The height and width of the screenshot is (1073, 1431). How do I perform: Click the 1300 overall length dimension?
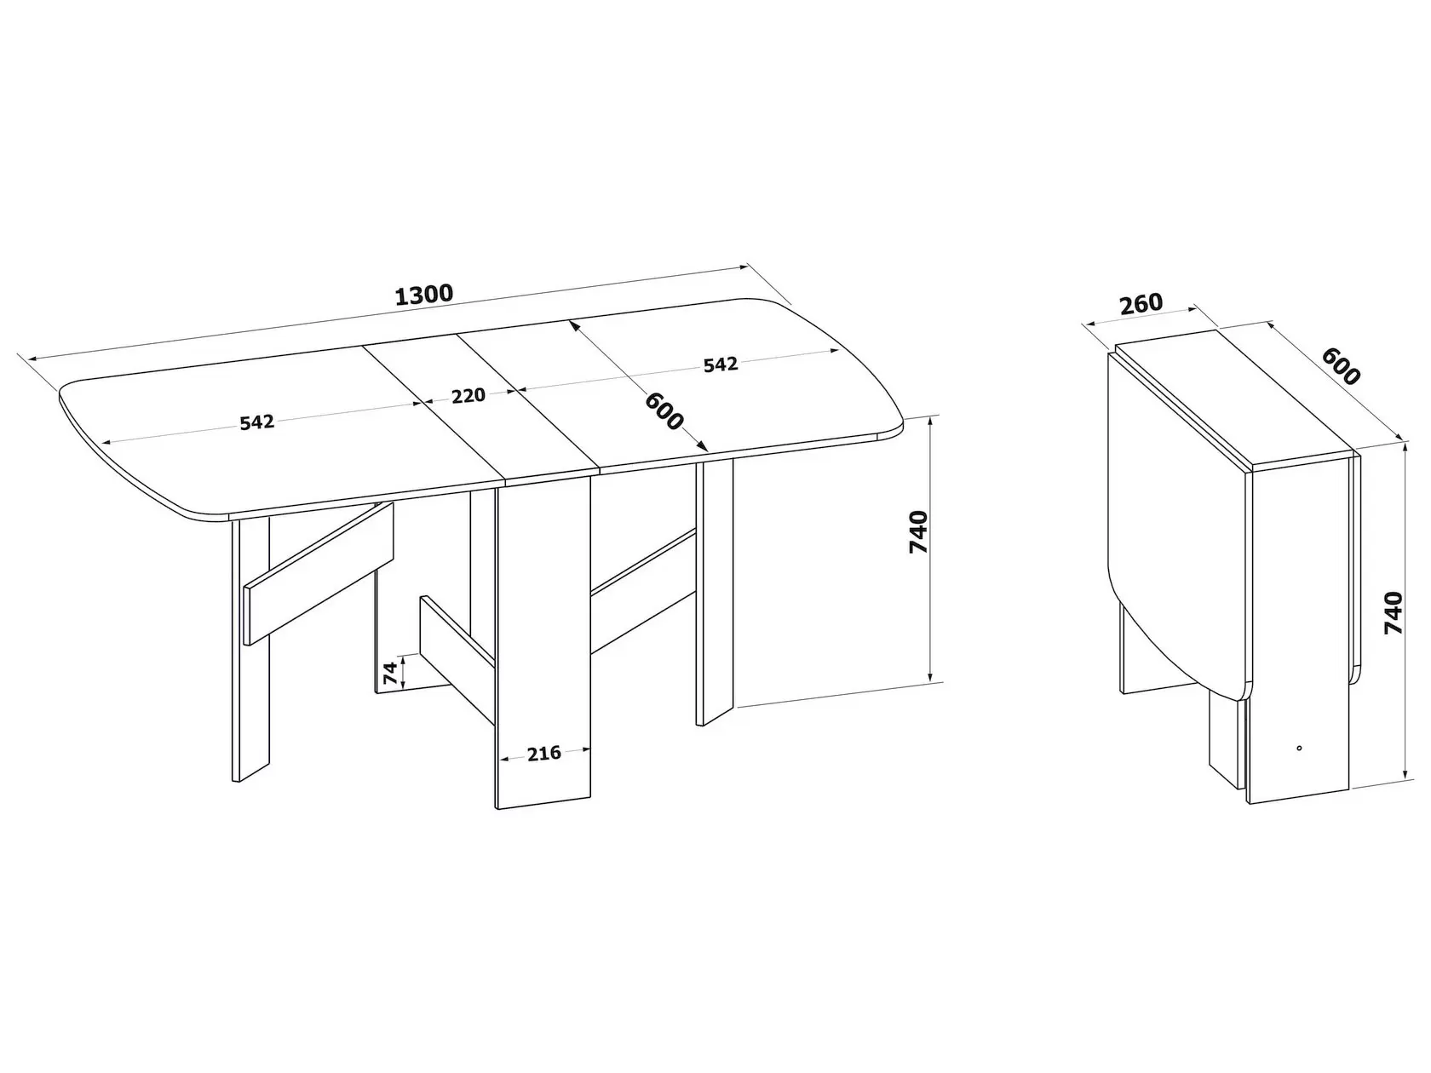click(x=423, y=295)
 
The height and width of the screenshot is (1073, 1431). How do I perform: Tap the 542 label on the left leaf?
click(x=257, y=422)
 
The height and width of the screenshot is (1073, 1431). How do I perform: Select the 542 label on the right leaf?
click(x=721, y=364)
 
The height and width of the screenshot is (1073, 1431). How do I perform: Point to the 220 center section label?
click(x=468, y=395)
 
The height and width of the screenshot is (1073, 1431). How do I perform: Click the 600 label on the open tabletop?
click(x=664, y=411)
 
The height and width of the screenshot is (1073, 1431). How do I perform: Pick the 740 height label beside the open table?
click(x=918, y=532)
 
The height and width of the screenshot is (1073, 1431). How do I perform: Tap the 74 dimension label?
click(x=390, y=672)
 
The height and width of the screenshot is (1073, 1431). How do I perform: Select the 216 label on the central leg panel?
click(x=543, y=753)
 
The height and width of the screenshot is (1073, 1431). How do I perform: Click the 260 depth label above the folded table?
click(x=1141, y=304)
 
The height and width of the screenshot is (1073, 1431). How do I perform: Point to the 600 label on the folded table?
click(x=1341, y=366)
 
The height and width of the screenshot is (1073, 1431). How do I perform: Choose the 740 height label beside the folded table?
click(x=1394, y=613)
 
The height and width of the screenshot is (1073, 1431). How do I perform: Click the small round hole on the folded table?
click(x=1299, y=748)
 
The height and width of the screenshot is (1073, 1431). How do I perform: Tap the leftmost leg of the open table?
click(x=250, y=648)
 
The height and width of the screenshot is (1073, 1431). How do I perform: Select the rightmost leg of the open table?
click(x=715, y=592)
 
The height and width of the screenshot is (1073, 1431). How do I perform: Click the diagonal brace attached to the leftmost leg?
click(x=319, y=573)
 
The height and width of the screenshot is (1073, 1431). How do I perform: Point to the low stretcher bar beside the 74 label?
click(x=457, y=659)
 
